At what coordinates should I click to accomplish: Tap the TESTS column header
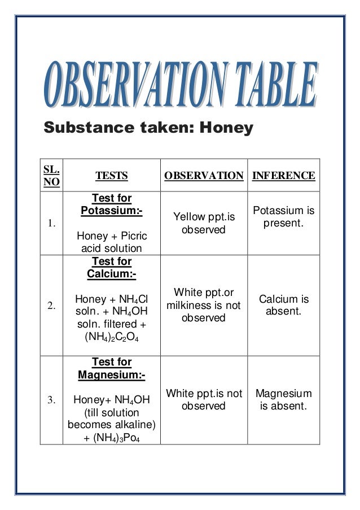coord(112,176)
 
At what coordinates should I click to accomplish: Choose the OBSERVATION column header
coord(204,176)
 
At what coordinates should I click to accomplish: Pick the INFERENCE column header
coord(283,176)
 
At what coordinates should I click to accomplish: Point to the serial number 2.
coord(51,306)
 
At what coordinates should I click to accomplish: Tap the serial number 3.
coord(51,400)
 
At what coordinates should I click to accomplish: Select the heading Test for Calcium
coord(112,268)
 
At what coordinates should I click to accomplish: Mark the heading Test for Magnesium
coord(112,368)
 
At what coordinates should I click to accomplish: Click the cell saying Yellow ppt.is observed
coord(204,223)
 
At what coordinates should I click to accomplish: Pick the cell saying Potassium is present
coord(283,217)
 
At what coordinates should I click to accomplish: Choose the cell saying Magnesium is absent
coord(283,399)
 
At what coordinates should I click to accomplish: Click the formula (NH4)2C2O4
coord(112,338)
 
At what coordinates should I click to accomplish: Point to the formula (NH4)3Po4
coord(112,438)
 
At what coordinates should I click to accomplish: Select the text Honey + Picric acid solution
coord(112,242)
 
